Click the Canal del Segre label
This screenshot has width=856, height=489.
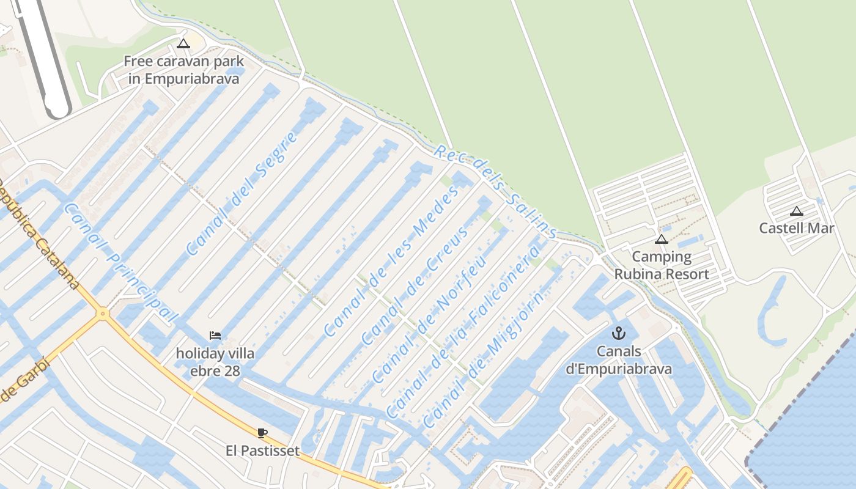pyautogui.click(x=242, y=193)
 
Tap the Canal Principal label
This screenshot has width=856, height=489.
pyautogui.click(x=120, y=263)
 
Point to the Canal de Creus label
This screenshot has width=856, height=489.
pyautogui.click(x=416, y=284)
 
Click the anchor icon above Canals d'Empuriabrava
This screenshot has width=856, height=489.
pyautogui.click(x=619, y=333)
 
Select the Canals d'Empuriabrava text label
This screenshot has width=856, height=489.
pyautogui.click(x=619, y=360)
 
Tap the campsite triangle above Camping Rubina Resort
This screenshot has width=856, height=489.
pyautogui.click(x=661, y=239)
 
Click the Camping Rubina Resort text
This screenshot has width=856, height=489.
pyautogui.click(x=662, y=265)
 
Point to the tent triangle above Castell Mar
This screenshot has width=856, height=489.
pyautogui.click(x=796, y=211)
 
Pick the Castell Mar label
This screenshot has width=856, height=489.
pyautogui.click(x=796, y=228)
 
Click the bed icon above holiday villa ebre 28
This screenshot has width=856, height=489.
pyautogui.click(x=215, y=335)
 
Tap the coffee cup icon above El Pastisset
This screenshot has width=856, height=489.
pyautogui.click(x=262, y=433)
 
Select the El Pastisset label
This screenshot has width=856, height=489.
pyautogui.click(x=262, y=451)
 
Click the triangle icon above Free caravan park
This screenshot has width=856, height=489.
pyautogui.click(x=183, y=44)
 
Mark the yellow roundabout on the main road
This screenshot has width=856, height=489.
pyautogui.click(x=102, y=314)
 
